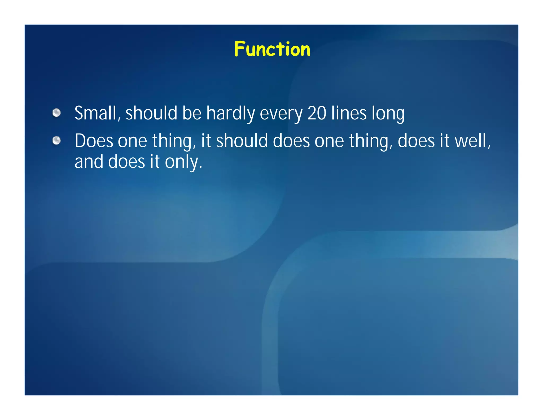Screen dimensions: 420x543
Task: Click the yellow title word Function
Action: pos(272,49)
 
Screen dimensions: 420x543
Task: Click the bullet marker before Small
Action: pos(56,113)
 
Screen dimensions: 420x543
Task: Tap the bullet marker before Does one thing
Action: pos(56,140)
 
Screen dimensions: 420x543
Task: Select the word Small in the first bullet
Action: pos(95,113)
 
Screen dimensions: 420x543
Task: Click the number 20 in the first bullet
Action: pos(317,113)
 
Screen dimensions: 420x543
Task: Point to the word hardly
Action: pos(230,114)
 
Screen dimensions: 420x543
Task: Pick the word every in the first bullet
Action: pos(281,114)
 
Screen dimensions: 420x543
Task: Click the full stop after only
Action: pos(201,168)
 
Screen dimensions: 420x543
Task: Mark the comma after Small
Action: pos(119,119)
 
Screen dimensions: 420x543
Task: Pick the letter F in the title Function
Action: pos(239,49)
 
